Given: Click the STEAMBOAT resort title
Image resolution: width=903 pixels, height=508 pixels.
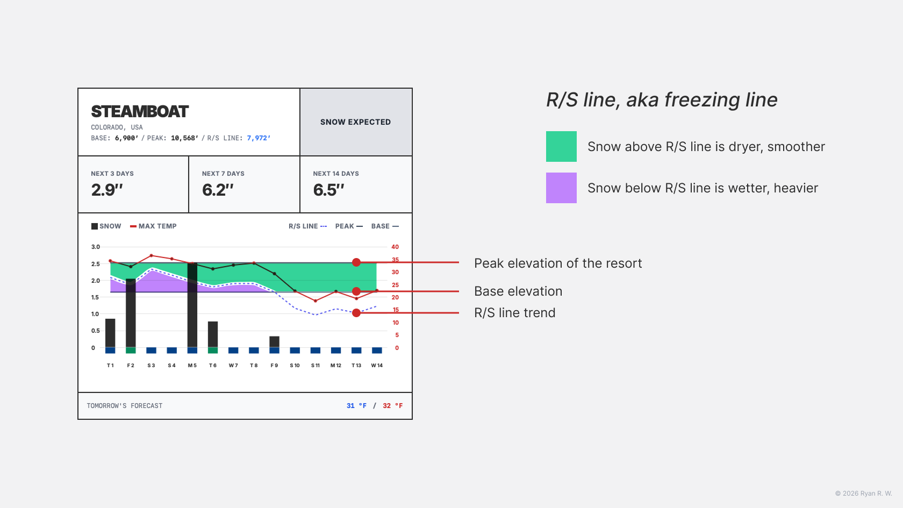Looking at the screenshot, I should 140,111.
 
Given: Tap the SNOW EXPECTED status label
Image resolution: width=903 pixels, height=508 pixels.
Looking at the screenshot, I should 355,122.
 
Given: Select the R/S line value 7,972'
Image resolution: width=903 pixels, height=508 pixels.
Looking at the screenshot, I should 259,138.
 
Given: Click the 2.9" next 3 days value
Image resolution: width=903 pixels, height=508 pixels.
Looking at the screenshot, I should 107,190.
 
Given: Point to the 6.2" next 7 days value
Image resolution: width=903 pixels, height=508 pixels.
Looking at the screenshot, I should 218,190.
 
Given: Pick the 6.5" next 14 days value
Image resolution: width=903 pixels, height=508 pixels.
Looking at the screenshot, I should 328,190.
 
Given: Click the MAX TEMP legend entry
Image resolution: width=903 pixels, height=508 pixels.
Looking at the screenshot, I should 154,226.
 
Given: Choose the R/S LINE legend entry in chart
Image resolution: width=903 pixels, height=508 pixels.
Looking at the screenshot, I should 307,226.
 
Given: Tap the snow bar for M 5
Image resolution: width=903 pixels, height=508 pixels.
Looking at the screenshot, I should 192,305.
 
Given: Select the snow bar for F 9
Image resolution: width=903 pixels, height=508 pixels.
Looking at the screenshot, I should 274,342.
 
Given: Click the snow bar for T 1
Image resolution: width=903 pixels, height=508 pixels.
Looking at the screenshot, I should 110,333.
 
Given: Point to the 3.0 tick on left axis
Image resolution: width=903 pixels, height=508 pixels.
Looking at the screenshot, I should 96,247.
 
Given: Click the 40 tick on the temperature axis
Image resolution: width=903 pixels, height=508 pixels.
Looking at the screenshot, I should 395,247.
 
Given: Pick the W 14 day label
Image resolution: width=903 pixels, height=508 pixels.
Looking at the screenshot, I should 377,366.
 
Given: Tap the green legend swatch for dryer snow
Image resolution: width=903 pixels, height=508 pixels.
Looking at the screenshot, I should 561,146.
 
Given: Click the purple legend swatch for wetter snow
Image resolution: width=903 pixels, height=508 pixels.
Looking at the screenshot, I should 561,188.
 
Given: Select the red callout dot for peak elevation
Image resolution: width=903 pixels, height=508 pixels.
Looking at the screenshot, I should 356,262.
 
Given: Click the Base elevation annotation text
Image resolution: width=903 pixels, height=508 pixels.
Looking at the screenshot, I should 518,291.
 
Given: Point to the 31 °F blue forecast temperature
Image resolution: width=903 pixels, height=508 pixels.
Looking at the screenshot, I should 356,406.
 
